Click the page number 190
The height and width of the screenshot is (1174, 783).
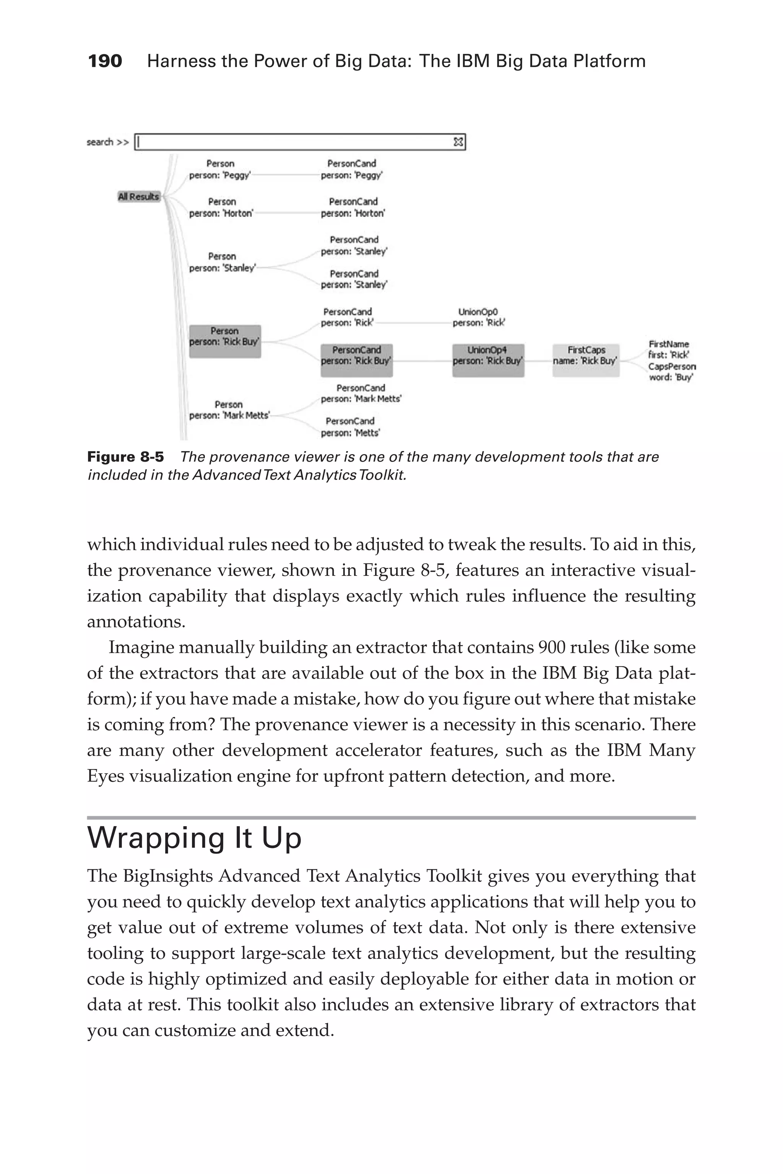point(104,61)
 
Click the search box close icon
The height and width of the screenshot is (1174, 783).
point(458,142)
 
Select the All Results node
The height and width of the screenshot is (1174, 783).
point(138,197)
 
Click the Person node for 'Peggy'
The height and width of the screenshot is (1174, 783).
point(220,170)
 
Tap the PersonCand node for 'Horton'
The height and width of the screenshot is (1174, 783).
point(353,208)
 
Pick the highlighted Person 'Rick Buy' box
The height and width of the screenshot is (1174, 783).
point(225,341)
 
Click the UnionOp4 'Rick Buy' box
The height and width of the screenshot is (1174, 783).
point(488,360)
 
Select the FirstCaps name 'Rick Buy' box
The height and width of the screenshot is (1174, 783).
point(586,360)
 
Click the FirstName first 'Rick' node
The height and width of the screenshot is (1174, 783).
point(669,349)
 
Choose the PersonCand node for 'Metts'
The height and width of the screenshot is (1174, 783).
point(350,427)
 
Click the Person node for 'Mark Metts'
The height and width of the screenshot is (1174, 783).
point(229,410)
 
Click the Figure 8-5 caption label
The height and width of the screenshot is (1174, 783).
point(125,457)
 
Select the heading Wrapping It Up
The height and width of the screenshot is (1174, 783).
point(194,838)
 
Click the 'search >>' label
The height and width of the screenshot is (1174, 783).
point(107,142)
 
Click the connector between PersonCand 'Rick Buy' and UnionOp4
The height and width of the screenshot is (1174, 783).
point(422,361)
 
